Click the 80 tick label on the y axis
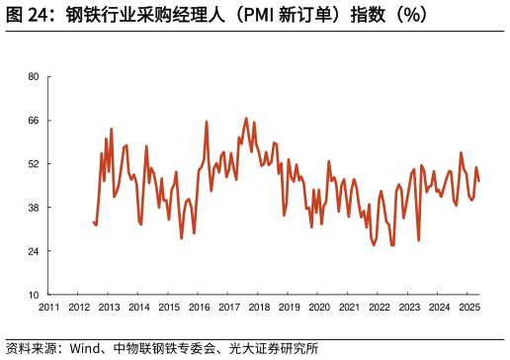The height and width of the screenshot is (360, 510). [33, 77]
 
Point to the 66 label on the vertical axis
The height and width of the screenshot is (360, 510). [33, 121]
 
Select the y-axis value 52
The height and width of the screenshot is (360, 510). [33, 164]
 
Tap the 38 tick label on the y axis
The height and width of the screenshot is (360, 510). [33, 208]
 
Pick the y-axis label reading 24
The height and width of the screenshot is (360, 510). [33, 251]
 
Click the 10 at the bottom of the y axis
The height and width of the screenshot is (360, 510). [33, 295]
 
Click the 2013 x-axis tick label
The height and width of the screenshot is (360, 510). [109, 309]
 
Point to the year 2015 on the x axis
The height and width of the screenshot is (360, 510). [169, 309]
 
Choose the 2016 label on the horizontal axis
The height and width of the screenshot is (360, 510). [199, 309]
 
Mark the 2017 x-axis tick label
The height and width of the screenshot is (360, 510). [229, 309]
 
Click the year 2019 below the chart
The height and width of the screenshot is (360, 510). [290, 309]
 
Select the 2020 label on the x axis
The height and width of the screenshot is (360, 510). [319, 309]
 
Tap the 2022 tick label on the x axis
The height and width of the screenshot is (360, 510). [380, 309]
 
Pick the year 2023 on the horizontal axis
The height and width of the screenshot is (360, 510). [409, 309]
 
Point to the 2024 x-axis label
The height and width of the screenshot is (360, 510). [440, 309]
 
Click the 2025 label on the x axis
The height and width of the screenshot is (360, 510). [469, 309]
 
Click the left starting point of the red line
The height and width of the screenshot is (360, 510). [93, 222]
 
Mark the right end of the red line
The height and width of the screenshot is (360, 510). [479, 180]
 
